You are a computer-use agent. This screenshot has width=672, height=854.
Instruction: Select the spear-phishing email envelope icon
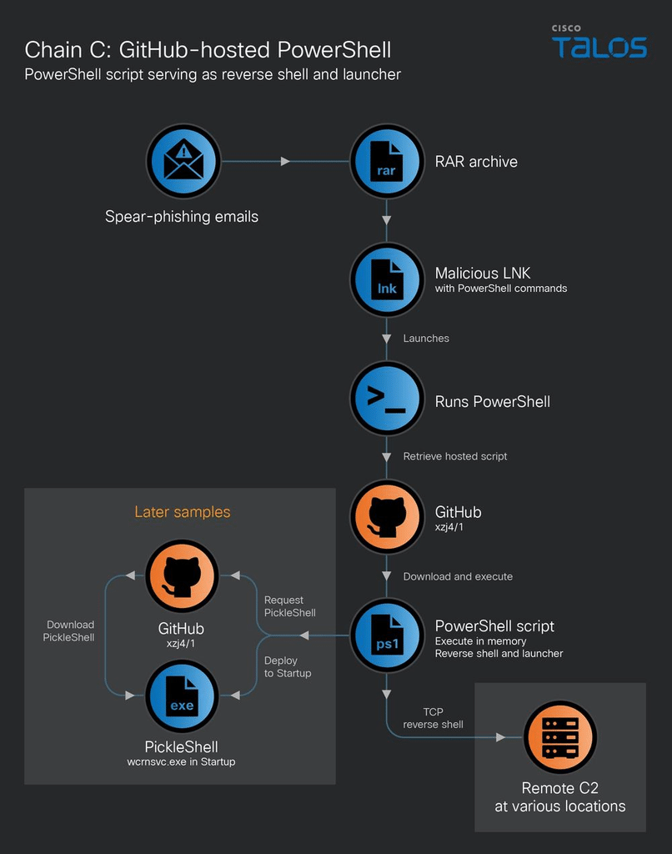click(183, 161)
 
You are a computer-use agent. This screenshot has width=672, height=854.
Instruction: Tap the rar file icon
click(387, 161)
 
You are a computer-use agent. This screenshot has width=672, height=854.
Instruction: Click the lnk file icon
click(387, 279)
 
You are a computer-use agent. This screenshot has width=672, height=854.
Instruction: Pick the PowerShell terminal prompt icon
click(387, 398)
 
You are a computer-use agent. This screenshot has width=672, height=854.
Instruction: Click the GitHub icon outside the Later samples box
click(387, 516)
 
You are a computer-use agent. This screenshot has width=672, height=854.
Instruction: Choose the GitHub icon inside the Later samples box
click(182, 576)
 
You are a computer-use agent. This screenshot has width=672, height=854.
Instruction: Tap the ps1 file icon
click(387, 635)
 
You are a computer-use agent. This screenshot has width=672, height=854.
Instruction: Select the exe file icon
click(182, 696)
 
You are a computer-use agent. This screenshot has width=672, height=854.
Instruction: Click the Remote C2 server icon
click(559, 737)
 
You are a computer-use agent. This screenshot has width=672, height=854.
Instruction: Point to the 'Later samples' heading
click(183, 512)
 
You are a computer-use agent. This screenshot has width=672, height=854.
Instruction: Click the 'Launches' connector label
click(426, 339)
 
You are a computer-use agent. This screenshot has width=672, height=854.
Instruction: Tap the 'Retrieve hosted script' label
click(454, 456)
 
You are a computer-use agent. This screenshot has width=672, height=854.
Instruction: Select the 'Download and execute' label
click(458, 576)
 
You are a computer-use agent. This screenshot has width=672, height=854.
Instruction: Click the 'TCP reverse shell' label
click(433, 718)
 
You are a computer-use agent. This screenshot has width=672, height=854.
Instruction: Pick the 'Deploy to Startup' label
click(288, 666)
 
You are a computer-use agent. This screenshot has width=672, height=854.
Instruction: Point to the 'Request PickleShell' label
click(289, 606)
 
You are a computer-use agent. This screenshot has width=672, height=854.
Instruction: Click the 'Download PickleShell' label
click(68, 630)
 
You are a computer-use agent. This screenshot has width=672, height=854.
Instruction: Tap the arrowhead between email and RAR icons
click(285, 161)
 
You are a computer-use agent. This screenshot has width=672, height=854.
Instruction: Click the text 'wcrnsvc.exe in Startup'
click(182, 761)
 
